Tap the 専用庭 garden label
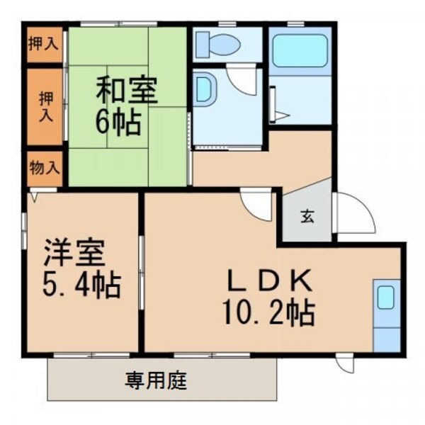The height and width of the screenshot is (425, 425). tap(157, 382)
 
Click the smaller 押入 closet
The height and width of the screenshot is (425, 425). tap(44, 43)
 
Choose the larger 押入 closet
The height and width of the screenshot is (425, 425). tap(44, 106)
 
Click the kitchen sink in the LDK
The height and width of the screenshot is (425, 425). tap(386, 298)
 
